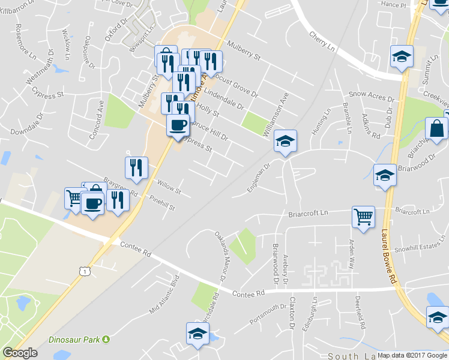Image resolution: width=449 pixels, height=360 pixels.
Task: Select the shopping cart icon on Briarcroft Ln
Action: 363,217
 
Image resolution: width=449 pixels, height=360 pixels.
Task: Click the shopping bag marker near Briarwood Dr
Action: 436,128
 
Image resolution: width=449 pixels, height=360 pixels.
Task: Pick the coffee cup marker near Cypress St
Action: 178,126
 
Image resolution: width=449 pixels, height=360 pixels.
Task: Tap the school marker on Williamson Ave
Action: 285,142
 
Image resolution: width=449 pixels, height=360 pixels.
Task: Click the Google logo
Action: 20,353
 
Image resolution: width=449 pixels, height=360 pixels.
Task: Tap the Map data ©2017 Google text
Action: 412,355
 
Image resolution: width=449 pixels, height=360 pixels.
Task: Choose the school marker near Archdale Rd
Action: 197,334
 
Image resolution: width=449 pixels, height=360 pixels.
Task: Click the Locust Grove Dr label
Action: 236,85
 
